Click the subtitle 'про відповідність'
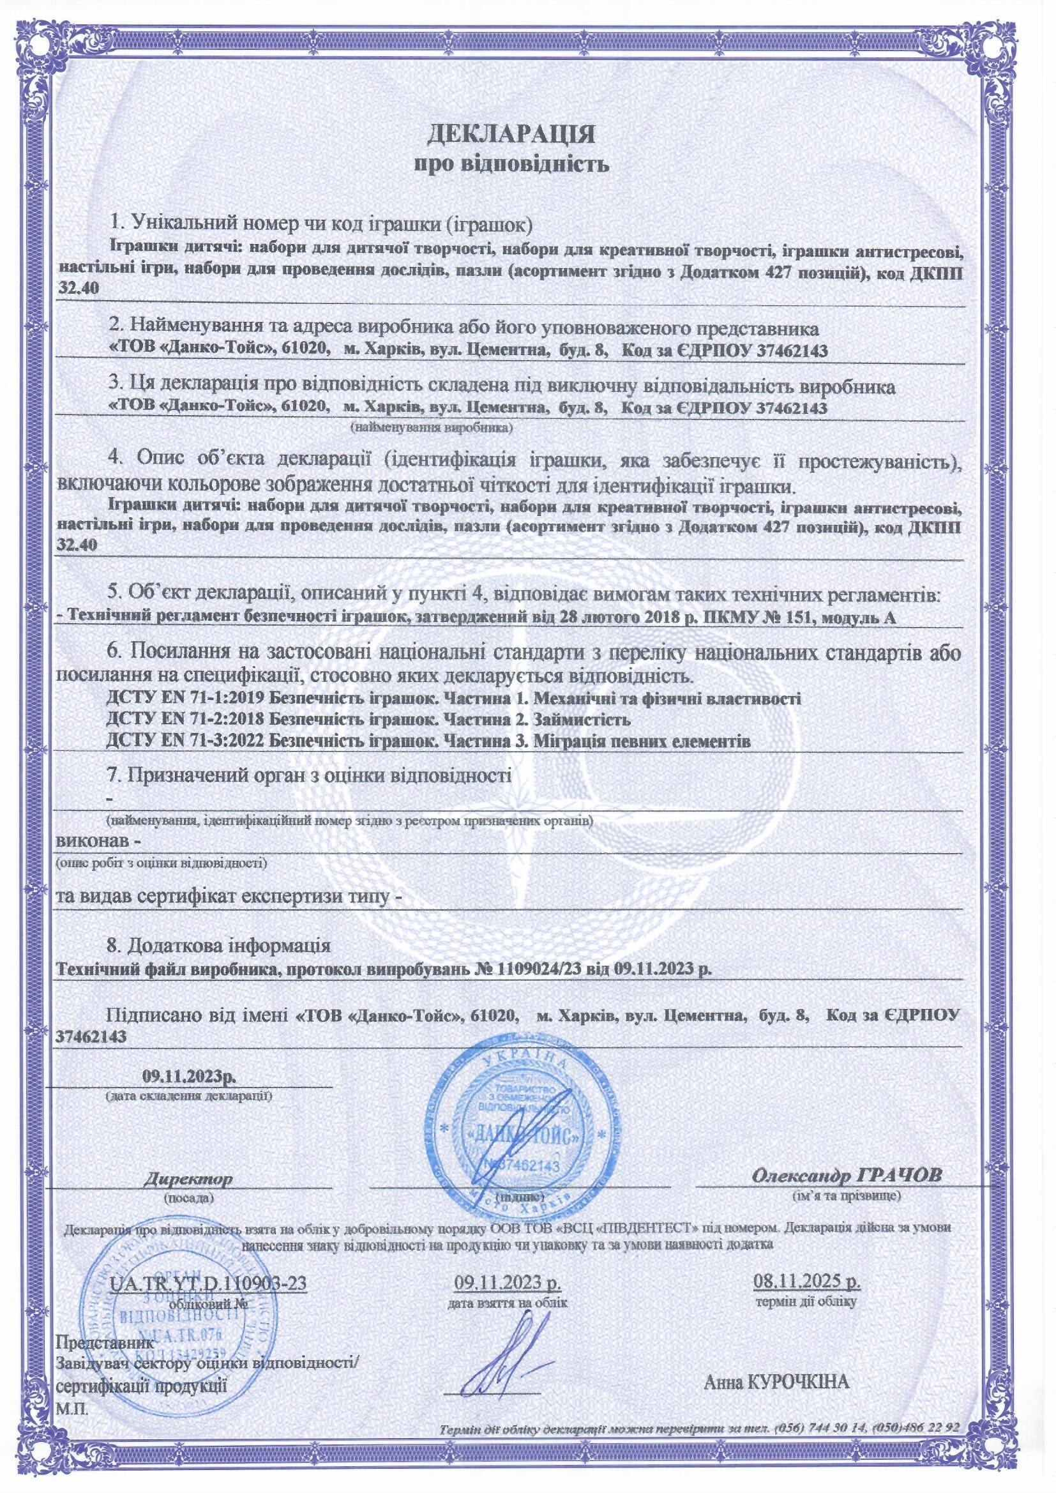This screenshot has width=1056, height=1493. (512, 165)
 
